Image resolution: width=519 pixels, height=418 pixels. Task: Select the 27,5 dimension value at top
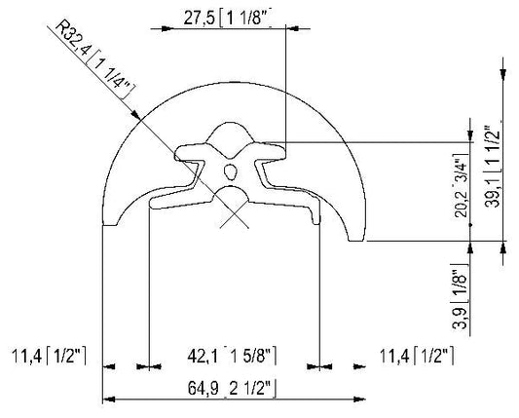(x=200, y=19)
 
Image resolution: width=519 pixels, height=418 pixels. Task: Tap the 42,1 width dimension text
(x=203, y=357)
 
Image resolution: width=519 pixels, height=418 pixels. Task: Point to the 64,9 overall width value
(x=204, y=388)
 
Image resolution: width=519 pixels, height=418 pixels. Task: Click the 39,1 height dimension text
(x=493, y=194)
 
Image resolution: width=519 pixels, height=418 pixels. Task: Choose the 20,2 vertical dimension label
(x=462, y=203)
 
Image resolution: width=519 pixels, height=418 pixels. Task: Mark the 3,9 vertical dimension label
(x=460, y=319)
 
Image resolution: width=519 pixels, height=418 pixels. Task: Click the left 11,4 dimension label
(x=27, y=357)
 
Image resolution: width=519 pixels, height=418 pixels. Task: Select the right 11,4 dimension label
(x=394, y=357)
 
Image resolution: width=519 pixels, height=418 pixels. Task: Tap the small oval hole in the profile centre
(x=231, y=171)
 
